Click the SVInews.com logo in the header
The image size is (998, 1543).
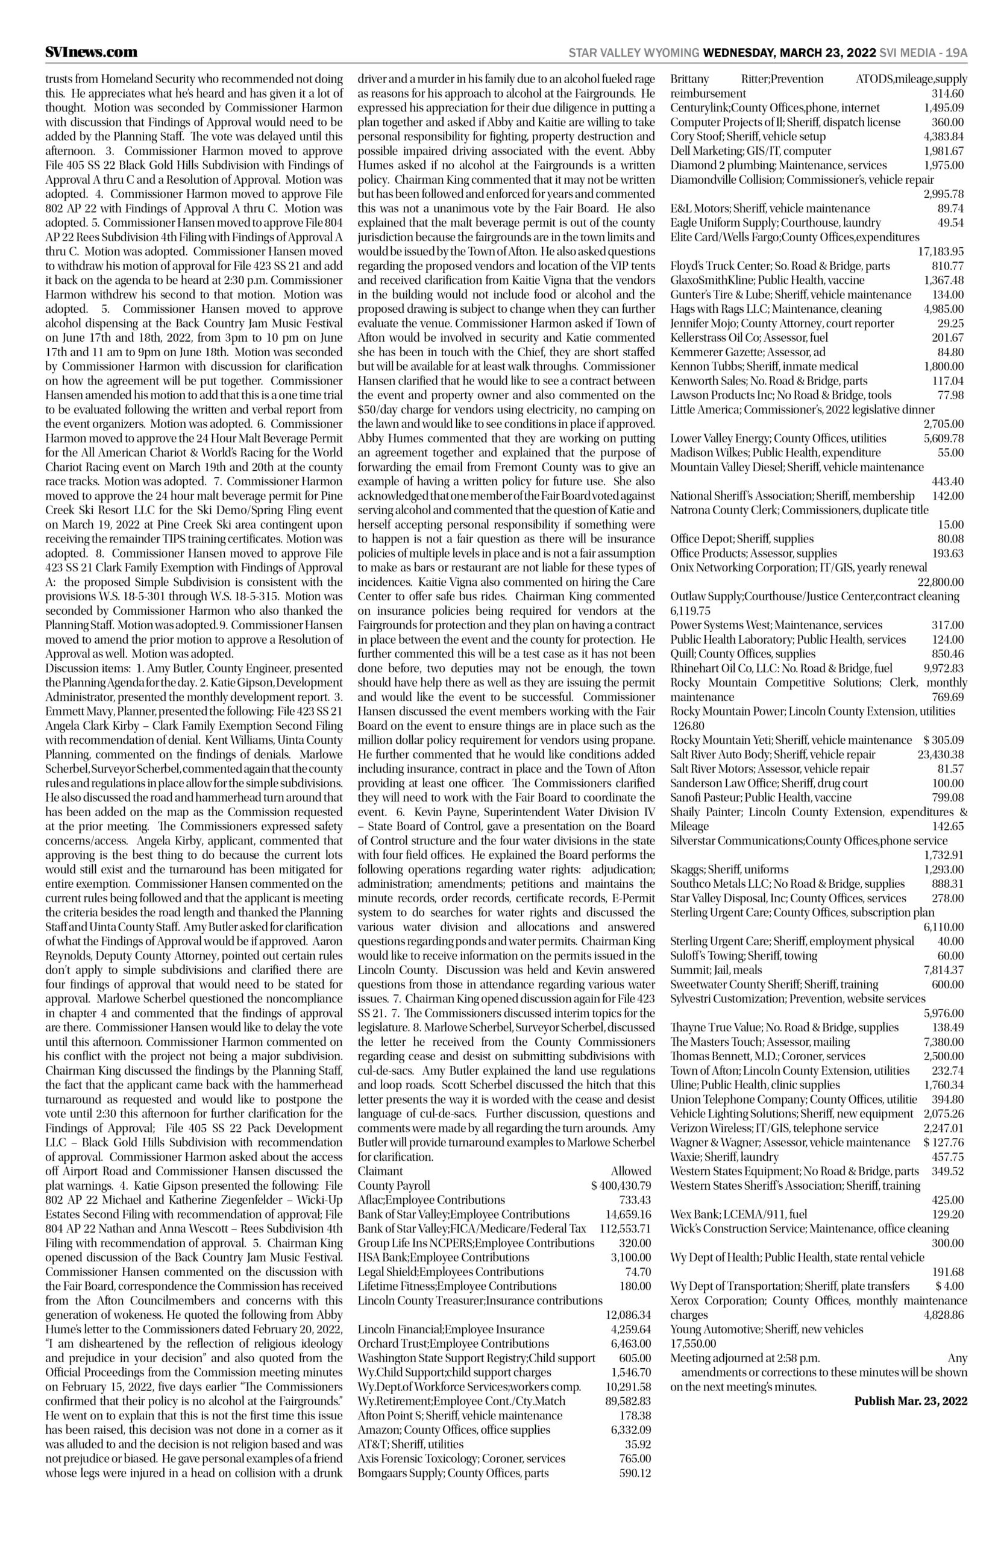92,52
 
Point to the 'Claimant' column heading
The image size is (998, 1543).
380,1171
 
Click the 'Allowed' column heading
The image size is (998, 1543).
630,1171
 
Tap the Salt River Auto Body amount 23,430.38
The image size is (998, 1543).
940,755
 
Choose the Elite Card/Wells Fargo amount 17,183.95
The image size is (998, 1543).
940,251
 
